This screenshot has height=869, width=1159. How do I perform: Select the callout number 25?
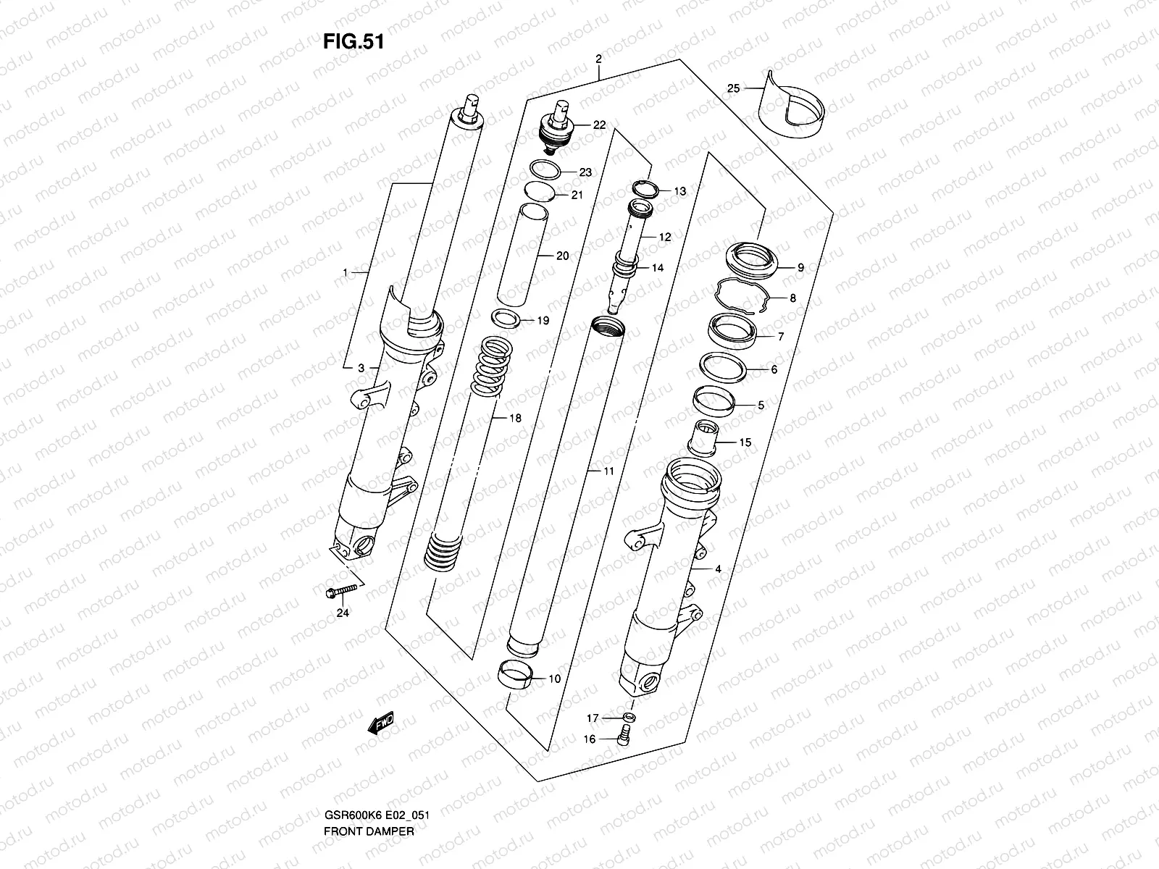(x=733, y=88)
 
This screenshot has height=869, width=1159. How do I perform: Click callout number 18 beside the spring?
(x=515, y=418)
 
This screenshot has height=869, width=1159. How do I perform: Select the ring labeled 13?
(x=644, y=190)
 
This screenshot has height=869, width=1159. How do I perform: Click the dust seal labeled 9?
(x=753, y=261)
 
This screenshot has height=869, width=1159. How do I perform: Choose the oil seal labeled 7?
(x=732, y=329)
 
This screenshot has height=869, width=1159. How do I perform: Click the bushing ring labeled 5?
(x=714, y=399)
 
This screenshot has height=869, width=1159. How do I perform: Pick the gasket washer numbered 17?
(x=629, y=718)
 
